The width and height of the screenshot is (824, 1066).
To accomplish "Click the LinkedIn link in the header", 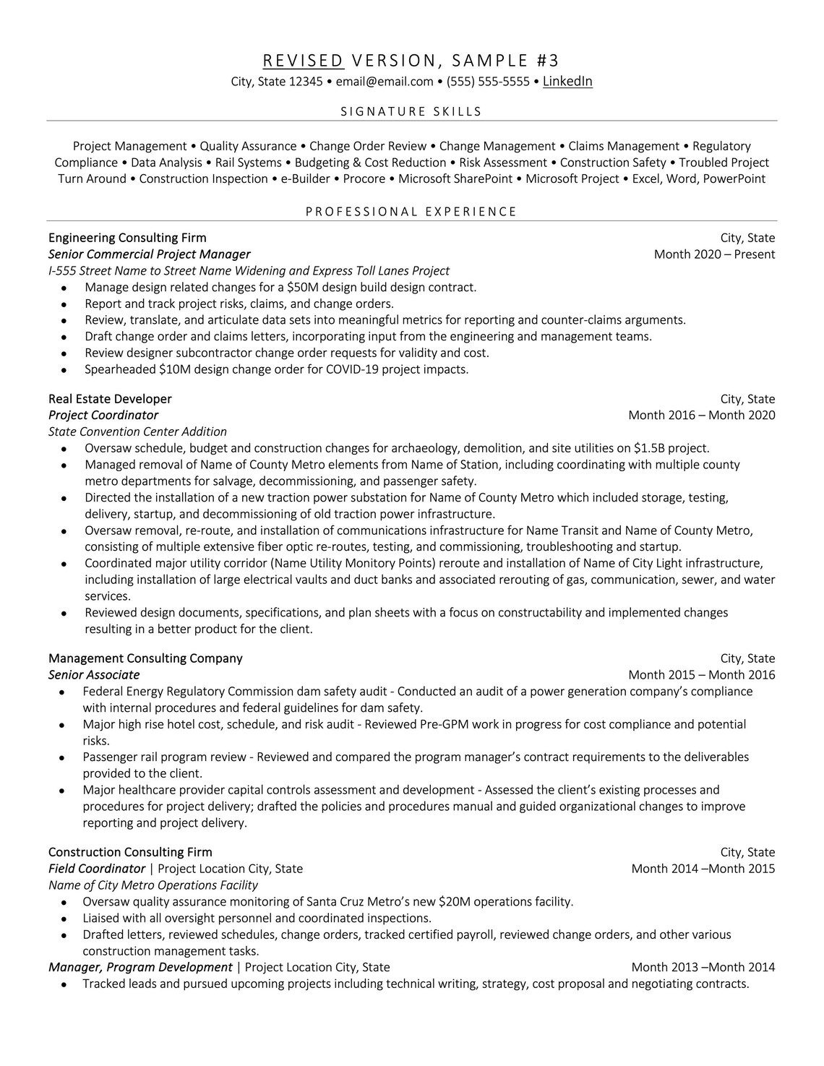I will point(567,82).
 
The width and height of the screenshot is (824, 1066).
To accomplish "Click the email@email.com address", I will point(384,82).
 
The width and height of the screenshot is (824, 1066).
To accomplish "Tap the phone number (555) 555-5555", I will point(488,82).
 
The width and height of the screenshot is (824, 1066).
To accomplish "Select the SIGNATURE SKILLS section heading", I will point(411,111).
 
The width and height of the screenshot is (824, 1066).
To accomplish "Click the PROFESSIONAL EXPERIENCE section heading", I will point(411,212).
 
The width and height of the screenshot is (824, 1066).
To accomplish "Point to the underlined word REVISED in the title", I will point(303,60).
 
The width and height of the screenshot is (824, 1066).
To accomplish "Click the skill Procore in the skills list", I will point(364,179).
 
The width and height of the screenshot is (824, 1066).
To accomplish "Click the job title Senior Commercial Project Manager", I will point(150,254).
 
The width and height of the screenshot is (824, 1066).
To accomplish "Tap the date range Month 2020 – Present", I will point(714,254).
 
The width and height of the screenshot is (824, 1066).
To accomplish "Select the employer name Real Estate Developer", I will point(110,399).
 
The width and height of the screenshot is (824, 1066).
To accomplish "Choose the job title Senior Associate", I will point(94,675).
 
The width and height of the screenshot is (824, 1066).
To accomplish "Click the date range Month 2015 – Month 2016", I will point(701,675).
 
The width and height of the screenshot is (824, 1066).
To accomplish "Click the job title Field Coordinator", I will point(97,869).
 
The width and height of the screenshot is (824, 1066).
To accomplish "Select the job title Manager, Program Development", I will point(140,968).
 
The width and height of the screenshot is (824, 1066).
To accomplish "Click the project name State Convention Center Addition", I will point(137,432).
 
